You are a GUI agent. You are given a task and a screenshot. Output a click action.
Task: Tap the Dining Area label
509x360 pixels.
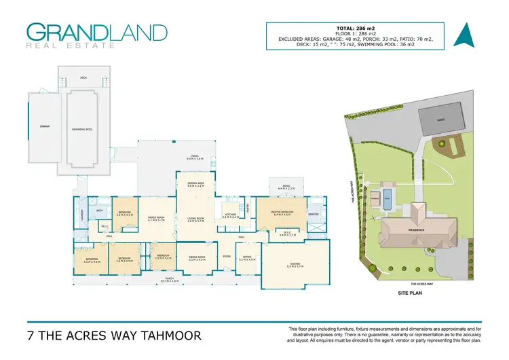[196, 183]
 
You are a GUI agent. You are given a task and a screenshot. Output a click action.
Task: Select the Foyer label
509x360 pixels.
[227, 256]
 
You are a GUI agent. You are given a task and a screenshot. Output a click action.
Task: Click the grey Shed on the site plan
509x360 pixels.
[438, 122]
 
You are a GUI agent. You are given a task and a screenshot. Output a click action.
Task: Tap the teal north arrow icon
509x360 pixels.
[463, 35]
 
